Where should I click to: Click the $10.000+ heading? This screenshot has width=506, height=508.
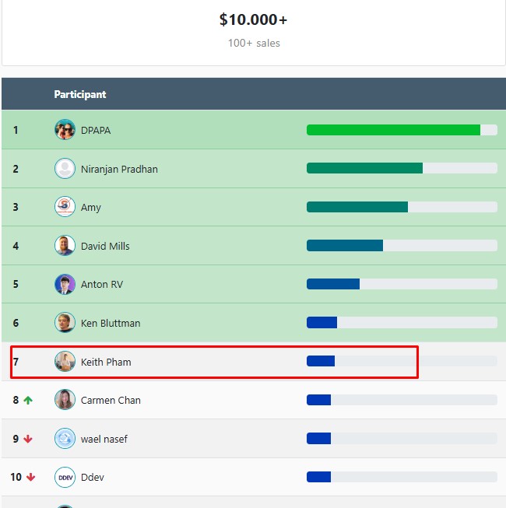[253, 19]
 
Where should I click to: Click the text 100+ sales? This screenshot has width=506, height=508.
[254, 44]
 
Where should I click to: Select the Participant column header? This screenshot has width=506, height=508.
[80, 94]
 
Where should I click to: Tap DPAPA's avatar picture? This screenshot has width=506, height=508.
[65, 130]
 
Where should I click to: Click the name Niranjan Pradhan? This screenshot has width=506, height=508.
[119, 169]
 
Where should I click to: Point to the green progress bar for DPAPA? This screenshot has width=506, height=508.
[393, 130]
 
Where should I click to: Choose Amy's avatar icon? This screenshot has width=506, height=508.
[65, 207]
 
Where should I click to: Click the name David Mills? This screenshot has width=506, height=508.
[105, 246]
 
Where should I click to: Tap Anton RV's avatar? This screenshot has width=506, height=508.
[65, 284]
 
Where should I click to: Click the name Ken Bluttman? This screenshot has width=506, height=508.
[111, 323]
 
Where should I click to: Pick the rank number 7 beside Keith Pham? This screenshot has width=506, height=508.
[16, 362]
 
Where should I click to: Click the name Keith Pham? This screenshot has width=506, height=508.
[106, 362]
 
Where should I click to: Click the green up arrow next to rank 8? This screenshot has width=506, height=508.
[29, 400]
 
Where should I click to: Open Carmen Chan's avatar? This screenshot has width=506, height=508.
[65, 400]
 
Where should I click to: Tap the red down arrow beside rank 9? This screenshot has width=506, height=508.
[29, 439]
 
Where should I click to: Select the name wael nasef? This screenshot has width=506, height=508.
[104, 439]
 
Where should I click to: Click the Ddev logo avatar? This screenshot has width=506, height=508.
[65, 477]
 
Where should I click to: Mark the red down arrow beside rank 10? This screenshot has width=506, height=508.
[31, 477]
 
